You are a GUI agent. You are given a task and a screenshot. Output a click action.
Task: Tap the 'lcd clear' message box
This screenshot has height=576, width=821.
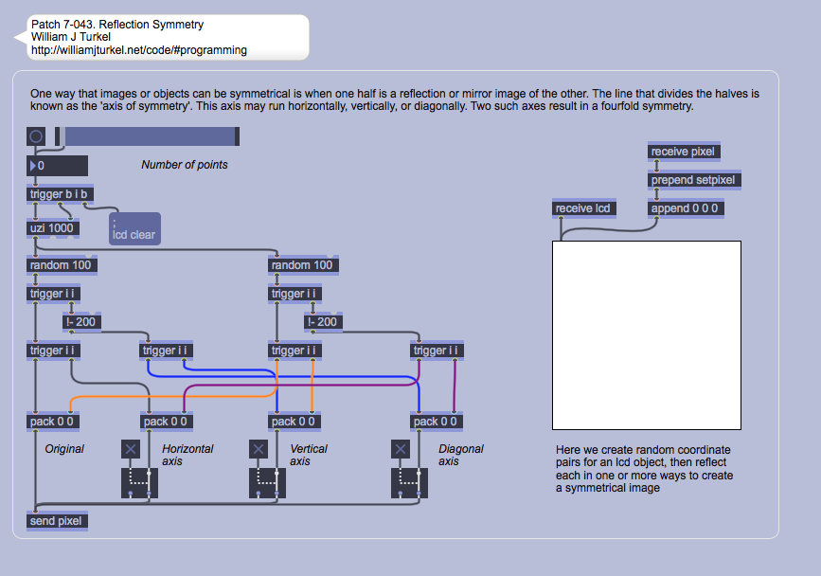pyautogui.click(x=134, y=229)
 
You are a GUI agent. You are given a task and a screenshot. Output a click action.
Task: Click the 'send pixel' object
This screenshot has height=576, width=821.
pyautogui.click(x=57, y=521)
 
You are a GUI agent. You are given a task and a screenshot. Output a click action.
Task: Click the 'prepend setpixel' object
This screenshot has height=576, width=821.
pyautogui.click(x=693, y=180)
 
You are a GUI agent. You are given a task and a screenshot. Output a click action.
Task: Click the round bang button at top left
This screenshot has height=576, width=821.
pyautogui.click(x=36, y=137)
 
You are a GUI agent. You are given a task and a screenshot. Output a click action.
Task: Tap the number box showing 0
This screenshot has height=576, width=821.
pyautogui.click(x=57, y=167)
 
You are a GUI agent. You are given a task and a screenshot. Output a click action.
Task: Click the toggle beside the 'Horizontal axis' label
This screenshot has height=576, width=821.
pyautogui.click(x=131, y=449)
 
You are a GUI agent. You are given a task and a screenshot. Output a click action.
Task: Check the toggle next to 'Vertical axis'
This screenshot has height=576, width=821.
pyautogui.click(x=259, y=449)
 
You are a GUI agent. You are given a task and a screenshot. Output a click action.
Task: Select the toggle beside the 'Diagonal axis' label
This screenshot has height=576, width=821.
pyautogui.click(x=401, y=449)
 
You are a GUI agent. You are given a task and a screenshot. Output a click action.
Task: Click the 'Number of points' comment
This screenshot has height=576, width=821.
pyautogui.click(x=185, y=165)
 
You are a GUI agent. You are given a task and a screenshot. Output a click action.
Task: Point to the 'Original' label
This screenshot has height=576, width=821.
pyautogui.click(x=64, y=449)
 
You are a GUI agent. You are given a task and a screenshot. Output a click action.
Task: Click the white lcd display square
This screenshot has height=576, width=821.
pyautogui.click(x=647, y=334)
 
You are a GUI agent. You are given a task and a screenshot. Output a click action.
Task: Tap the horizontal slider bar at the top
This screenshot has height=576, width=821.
pyautogui.click(x=152, y=137)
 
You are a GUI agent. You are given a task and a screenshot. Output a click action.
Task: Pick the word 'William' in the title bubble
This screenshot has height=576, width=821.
pyautogui.click(x=54, y=37)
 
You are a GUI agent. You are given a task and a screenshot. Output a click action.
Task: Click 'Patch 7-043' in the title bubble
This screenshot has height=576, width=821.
pyautogui.click(x=62, y=25)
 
